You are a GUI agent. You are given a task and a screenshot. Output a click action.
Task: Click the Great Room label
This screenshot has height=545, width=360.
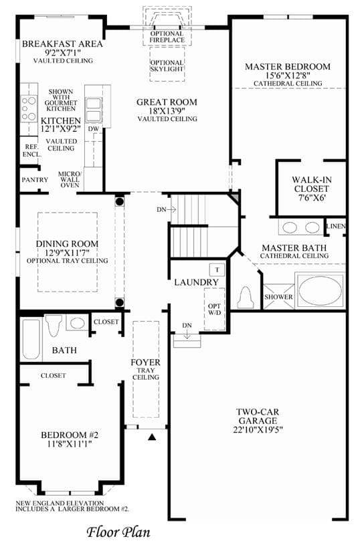tap(167, 102)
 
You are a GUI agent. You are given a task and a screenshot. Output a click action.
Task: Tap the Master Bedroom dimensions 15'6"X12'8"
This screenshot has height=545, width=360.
tap(288, 76)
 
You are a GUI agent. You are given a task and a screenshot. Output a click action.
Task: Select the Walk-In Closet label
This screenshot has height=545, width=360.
tap(311, 184)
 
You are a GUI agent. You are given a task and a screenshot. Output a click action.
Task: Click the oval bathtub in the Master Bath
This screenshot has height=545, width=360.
tap(320, 292)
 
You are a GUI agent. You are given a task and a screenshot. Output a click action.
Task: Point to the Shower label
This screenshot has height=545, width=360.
tap(278, 297)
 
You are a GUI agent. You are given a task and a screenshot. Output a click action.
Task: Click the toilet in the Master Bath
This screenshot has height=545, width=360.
tap(246, 297)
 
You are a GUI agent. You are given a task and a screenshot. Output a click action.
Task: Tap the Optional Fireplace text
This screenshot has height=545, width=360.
tap(167, 37)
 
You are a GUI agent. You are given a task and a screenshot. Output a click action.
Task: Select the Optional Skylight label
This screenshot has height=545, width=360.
tap(167, 66)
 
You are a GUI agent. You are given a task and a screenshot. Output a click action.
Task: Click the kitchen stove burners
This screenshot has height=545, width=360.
tap(29, 108)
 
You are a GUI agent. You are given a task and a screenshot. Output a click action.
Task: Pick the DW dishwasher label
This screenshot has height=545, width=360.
tap(94, 129)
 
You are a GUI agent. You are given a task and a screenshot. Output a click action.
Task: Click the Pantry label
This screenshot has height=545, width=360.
tap(35, 180)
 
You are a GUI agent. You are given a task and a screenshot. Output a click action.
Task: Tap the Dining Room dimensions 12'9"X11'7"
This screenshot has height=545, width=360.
tap(67, 253)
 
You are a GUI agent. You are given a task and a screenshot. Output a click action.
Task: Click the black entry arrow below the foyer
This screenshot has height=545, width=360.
tap(152, 437)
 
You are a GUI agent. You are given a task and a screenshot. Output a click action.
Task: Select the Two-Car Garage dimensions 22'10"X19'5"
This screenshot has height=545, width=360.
tap(258, 429)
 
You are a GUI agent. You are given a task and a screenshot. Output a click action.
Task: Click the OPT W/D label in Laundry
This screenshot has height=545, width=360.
tap(214, 309)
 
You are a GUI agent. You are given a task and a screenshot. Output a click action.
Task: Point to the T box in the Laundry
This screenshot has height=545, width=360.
tap(217, 269)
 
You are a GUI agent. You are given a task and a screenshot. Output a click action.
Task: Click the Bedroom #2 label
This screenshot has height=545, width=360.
tap(70, 435)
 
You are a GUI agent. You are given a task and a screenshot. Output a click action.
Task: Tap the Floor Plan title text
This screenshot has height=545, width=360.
tap(118, 532)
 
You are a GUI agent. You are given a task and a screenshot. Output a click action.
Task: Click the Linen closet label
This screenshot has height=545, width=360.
tap(336, 226)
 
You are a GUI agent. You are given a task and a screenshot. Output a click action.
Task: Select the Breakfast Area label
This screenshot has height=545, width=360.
tap(63, 43)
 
